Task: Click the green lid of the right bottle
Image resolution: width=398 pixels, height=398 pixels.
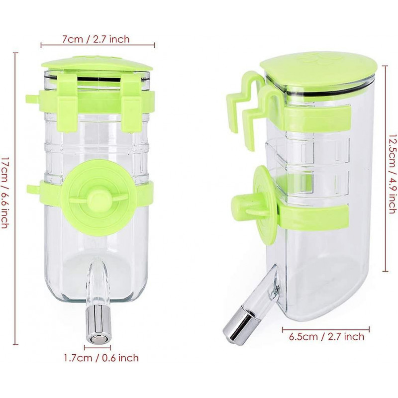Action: pos(318,72)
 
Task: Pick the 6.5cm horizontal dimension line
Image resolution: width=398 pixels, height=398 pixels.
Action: pos(326,328)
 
